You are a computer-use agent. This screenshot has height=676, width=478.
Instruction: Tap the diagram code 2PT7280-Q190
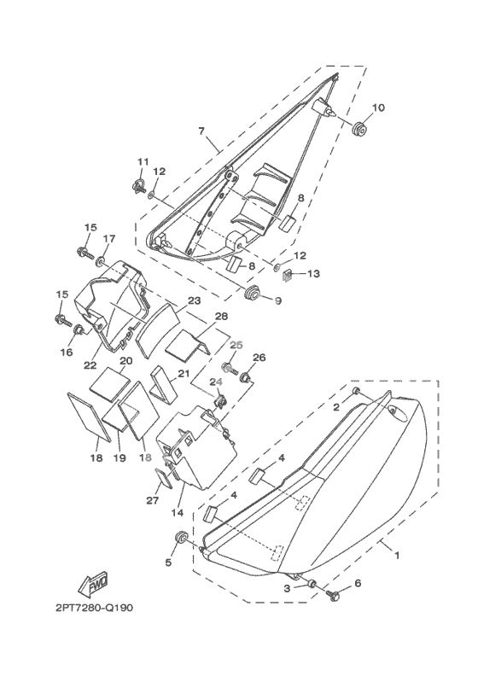pyautogui.click(x=94, y=608)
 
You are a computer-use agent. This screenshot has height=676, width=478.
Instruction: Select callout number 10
pyautogui.click(x=378, y=108)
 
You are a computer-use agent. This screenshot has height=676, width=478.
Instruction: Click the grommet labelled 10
pyautogui.click(x=359, y=129)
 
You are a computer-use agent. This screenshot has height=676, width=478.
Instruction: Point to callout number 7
pyautogui.click(x=201, y=131)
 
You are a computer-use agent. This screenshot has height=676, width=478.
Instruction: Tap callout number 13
pyautogui.click(x=314, y=273)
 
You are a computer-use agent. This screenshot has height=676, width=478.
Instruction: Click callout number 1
pyautogui.click(x=397, y=556)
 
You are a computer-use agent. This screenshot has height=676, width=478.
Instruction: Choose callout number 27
pyautogui.click(x=153, y=500)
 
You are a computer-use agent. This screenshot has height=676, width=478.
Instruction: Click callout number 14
pyautogui.click(x=178, y=513)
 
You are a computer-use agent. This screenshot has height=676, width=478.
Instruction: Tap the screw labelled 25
pyautogui.click(x=229, y=368)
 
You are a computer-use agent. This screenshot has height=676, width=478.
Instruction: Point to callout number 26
pyautogui.click(x=259, y=358)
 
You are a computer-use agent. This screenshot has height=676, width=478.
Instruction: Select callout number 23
pyautogui.click(x=195, y=300)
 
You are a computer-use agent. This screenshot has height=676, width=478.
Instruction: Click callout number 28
pyautogui.click(x=222, y=317)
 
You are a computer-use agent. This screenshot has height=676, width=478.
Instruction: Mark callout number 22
pyautogui.click(x=90, y=365)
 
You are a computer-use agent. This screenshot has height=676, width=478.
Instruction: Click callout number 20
pyautogui.click(x=125, y=361)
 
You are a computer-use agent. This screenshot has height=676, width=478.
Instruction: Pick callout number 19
pyautogui.click(x=119, y=457)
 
